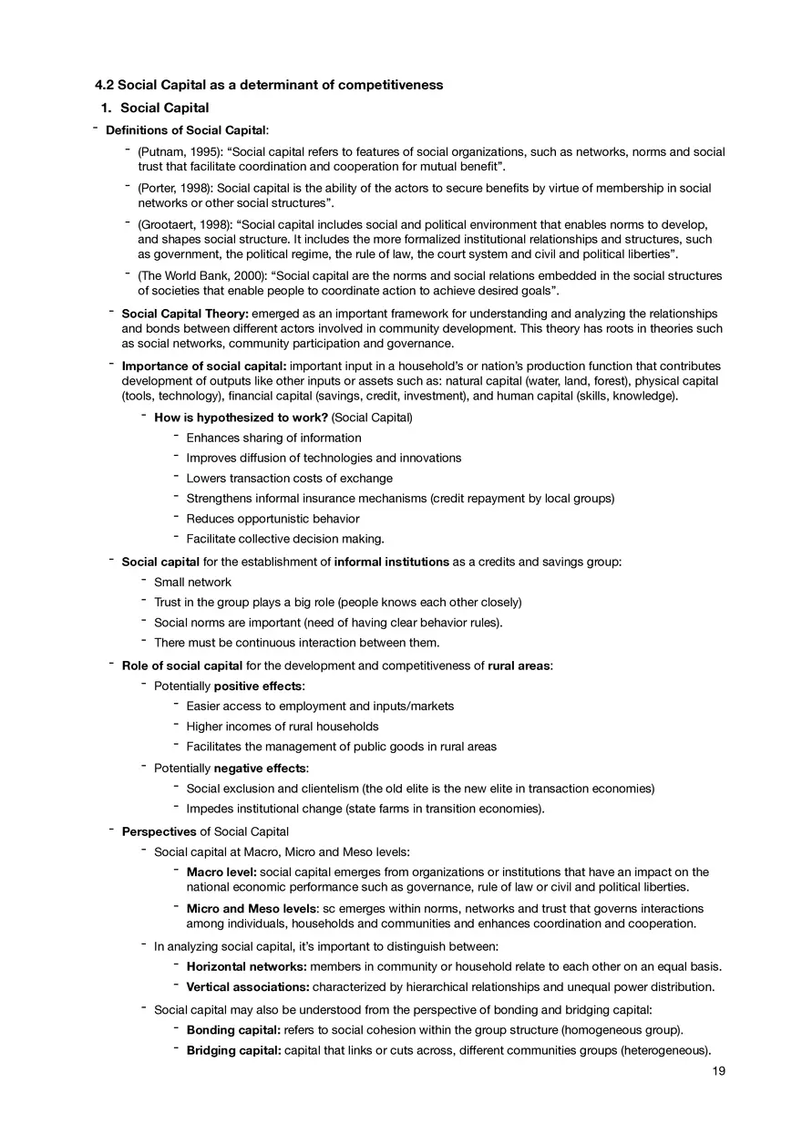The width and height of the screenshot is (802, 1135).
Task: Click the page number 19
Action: point(719,1071)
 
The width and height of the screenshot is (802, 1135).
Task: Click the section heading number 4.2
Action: point(105,85)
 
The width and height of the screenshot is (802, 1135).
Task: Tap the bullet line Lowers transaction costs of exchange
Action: point(289,478)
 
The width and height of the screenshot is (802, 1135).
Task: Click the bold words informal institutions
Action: point(391,562)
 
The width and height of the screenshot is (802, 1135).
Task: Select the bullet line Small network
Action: point(192,582)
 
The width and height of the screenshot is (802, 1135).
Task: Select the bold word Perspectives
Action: point(159,831)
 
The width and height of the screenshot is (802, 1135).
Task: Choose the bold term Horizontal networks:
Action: point(246,966)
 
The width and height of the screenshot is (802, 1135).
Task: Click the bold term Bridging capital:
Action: point(233,1050)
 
